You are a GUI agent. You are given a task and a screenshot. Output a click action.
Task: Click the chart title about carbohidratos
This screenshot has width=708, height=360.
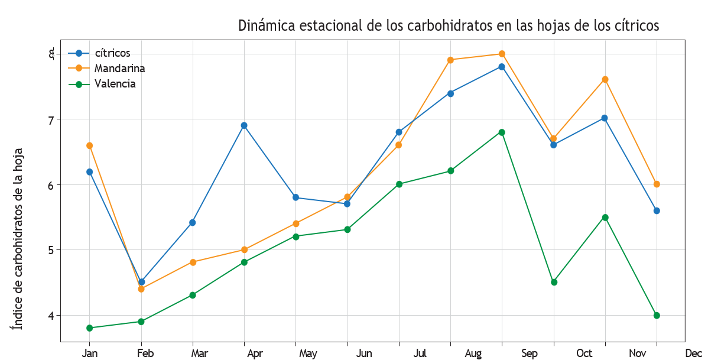point(448,26)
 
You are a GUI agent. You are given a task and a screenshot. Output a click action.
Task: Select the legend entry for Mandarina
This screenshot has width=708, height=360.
point(119,69)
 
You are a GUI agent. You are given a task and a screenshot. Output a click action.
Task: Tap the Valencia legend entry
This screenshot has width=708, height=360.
point(115,84)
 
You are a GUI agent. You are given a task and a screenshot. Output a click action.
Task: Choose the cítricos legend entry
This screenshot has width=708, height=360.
point(112,53)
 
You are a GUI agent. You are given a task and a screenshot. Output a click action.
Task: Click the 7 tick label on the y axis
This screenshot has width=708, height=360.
point(51,120)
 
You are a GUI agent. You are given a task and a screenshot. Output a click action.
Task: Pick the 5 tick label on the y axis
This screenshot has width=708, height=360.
point(51,250)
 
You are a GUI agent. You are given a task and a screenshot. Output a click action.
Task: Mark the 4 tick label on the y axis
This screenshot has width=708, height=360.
point(51,316)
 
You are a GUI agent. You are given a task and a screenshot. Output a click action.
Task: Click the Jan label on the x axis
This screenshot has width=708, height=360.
point(90,353)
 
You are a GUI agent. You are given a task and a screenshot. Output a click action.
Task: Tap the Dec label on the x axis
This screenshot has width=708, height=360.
point(694,353)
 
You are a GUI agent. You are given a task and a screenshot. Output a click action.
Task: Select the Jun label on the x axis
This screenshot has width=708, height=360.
point(365,353)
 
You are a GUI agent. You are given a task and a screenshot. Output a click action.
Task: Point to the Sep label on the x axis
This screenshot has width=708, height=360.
point(530,353)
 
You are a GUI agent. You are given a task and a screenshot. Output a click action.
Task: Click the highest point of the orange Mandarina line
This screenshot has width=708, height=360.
point(502,54)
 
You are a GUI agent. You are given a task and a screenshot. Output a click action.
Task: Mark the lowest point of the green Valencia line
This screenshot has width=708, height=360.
point(89,328)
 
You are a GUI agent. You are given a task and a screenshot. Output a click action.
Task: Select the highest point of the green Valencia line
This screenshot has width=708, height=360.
point(502,132)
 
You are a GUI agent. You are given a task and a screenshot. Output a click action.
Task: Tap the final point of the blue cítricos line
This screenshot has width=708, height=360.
point(657,210)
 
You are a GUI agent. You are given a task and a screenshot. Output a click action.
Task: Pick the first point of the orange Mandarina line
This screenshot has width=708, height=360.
point(89,145)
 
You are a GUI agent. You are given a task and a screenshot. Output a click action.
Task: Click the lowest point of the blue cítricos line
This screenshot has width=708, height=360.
point(141,282)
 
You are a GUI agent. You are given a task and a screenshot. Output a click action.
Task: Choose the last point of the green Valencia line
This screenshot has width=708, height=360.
point(657,315)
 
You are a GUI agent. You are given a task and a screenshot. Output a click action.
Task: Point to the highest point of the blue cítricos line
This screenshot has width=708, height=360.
point(502,67)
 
